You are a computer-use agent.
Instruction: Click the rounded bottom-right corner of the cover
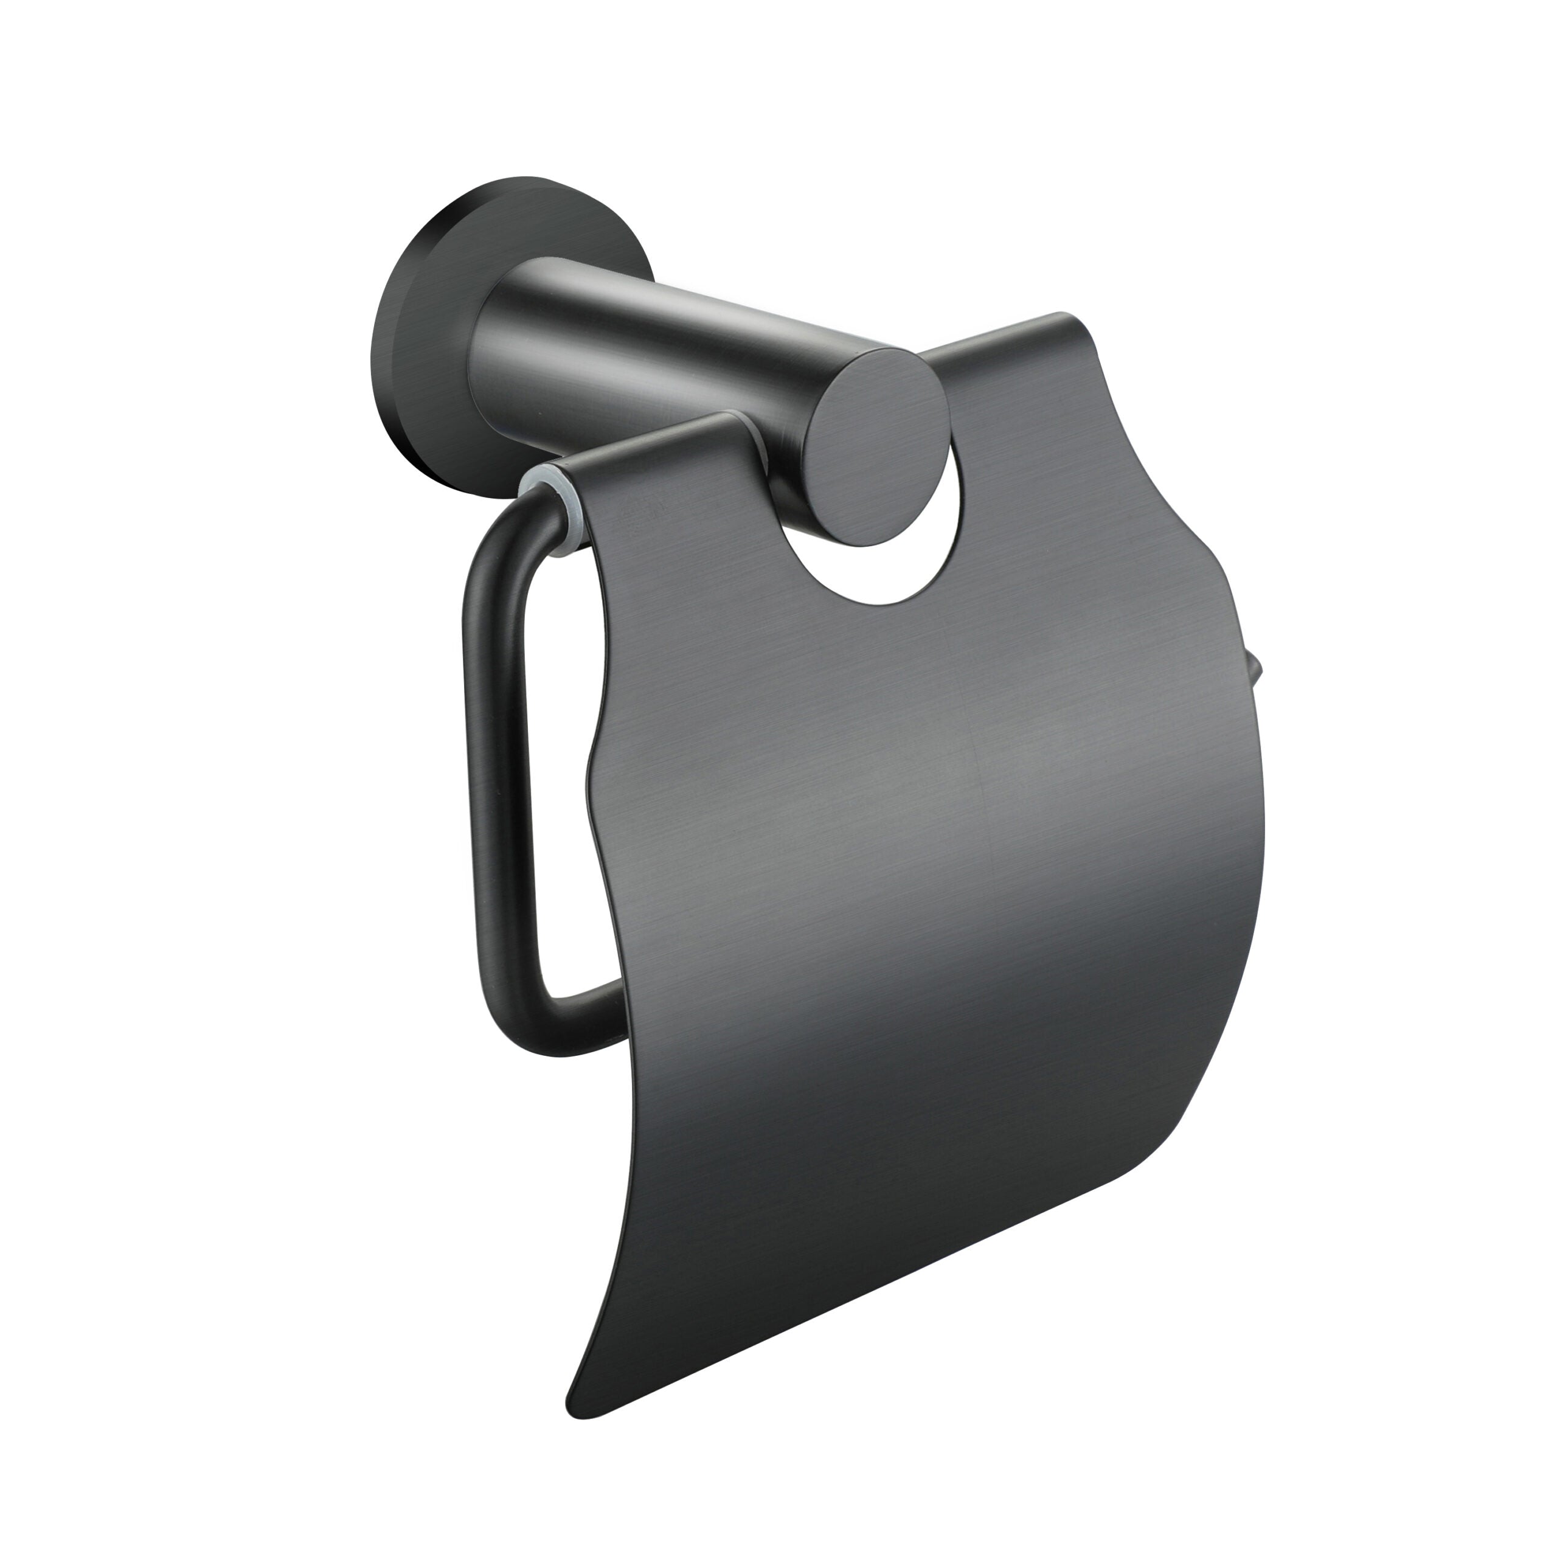pos(1160,1160)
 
